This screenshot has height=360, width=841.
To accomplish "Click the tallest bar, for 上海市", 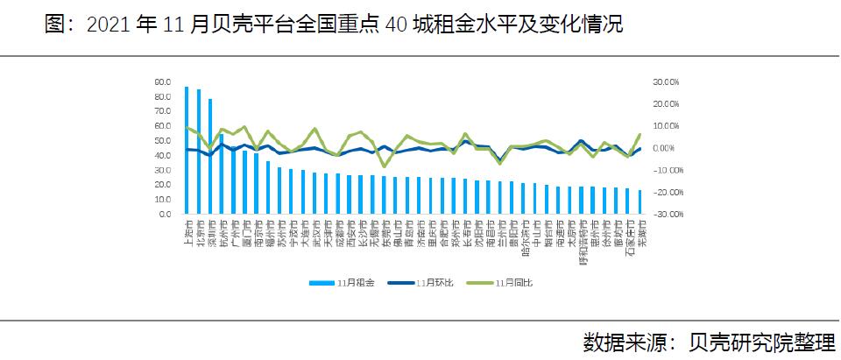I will click(x=187, y=150).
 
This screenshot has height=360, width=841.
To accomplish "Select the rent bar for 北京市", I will click(x=198, y=152).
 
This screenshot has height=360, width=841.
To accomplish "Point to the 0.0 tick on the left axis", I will click(x=165, y=214).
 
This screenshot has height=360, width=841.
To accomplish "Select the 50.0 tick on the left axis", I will click(x=163, y=140).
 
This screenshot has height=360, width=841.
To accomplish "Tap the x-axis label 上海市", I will click(x=187, y=231).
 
